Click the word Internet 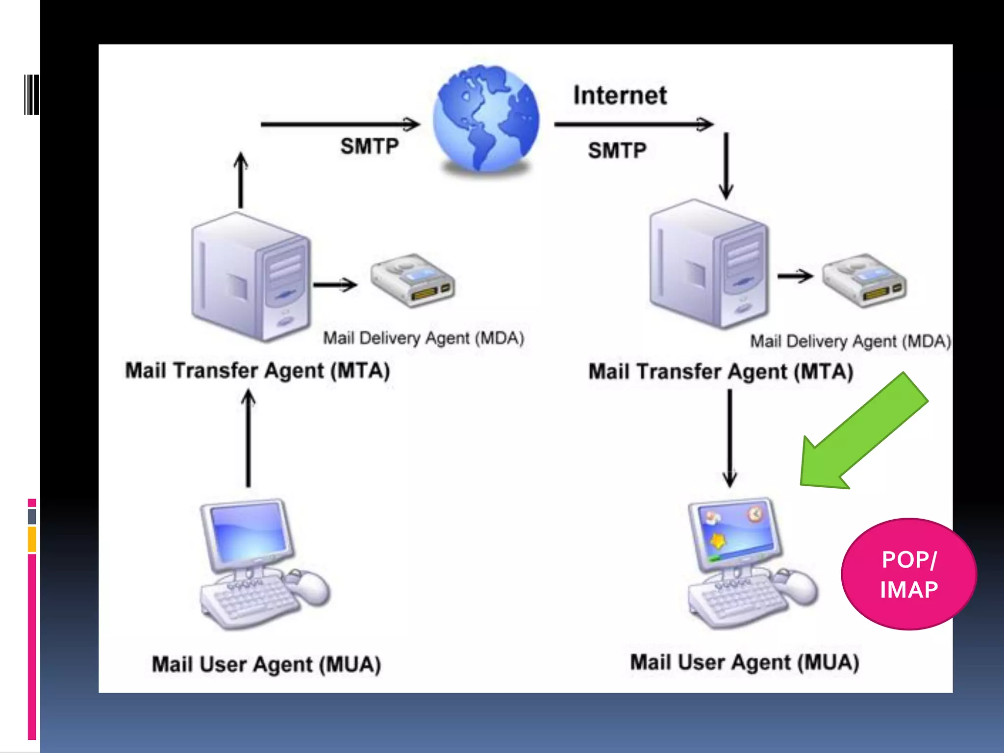click(x=620, y=95)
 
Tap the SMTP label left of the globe click(x=370, y=146)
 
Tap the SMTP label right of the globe click(x=617, y=150)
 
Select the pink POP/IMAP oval click(x=908, y=574)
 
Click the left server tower click(x=251, y=277)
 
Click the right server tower click(x=709, y=265)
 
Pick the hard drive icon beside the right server click(x=864, y=280)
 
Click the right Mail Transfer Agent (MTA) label click(x=721, y=372)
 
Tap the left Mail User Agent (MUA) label click(x=266, y=665)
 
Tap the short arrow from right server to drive click(x=795, y=276)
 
